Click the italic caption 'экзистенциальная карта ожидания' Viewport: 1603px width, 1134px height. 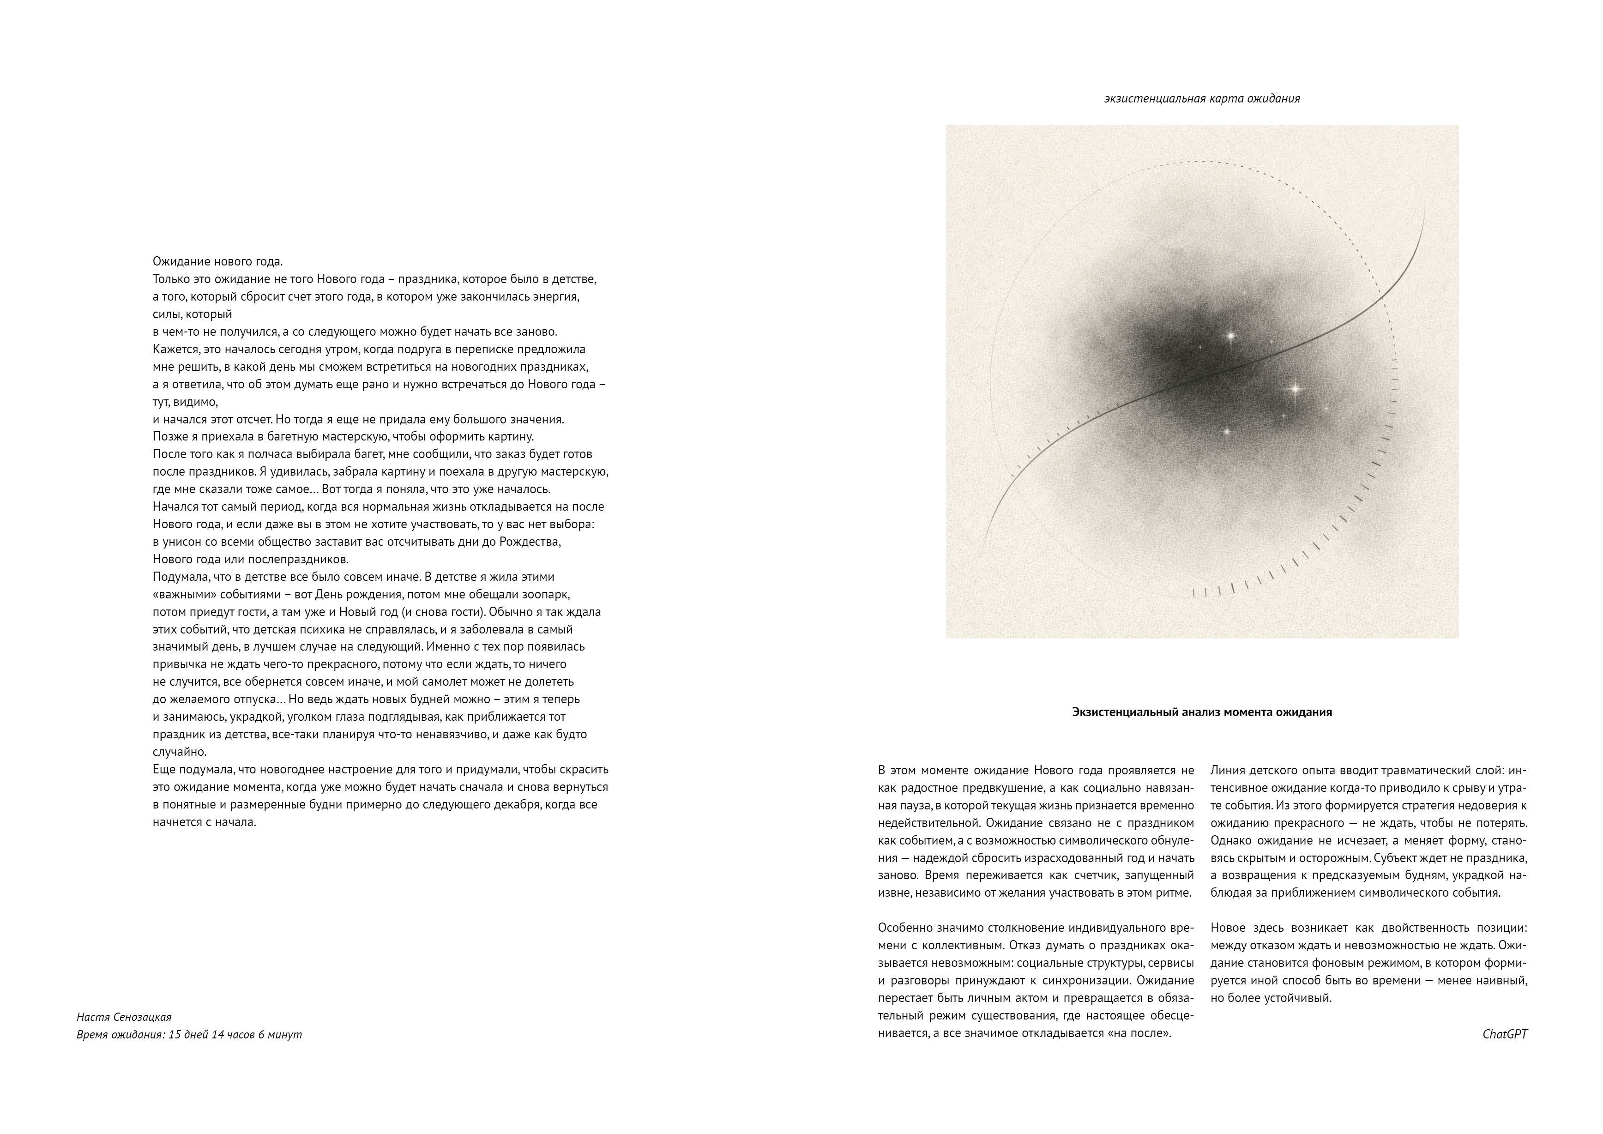[x=1201, y=98]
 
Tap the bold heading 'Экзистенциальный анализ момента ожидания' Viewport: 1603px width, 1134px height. [x=1201, y=712]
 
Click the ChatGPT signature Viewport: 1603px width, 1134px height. [x=1505, y=1034]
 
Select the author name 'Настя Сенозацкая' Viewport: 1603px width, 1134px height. [x=124, y=1017]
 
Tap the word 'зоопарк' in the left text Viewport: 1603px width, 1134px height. [x=549, y=594]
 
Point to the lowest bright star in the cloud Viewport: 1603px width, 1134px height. [x=1226, y=432]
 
